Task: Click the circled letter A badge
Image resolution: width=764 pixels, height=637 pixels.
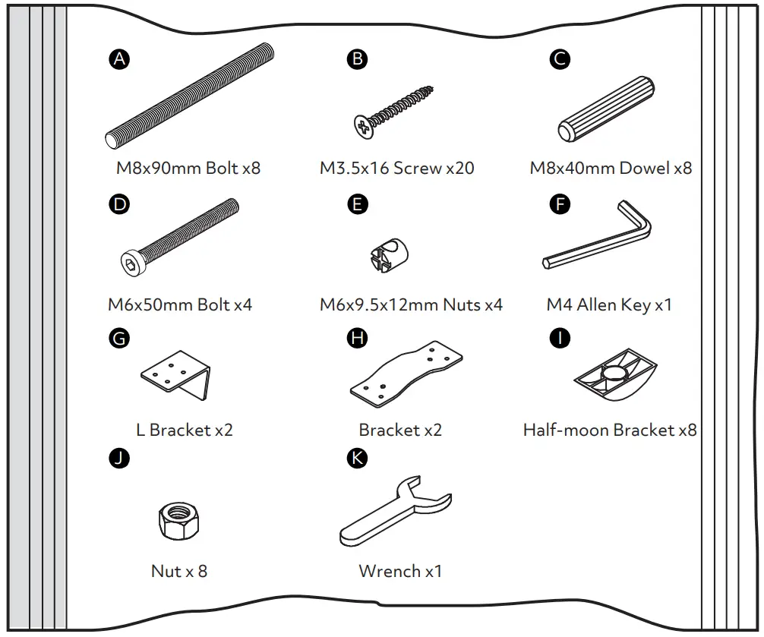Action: (119, 59)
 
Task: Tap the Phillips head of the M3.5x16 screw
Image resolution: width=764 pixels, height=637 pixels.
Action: (364, 127)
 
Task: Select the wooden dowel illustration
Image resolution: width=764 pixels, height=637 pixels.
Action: (606, 109)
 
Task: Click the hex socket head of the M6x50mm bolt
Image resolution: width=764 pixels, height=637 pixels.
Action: (133, 263)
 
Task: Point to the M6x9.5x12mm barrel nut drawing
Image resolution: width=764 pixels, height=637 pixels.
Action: (389, 254)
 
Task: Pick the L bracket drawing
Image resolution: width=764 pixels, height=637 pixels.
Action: (176, 375)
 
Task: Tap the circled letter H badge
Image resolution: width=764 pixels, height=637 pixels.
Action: (357, 338)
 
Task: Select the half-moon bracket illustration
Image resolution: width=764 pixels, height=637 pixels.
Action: (615, 375)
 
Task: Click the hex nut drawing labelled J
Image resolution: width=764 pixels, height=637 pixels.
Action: (178, 521)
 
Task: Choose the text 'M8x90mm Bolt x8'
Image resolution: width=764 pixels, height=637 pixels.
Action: (188, 168)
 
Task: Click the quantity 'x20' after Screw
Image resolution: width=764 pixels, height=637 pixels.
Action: (460, 168)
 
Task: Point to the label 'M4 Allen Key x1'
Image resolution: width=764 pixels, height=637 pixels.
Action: (609, 305)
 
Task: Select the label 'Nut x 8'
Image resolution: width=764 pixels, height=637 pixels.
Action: (179, 571)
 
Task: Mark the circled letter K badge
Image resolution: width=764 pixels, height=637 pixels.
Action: (357, 459)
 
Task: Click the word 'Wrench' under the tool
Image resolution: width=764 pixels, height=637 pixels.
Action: (390, 571)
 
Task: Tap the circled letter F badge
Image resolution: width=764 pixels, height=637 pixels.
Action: (560, 203)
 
